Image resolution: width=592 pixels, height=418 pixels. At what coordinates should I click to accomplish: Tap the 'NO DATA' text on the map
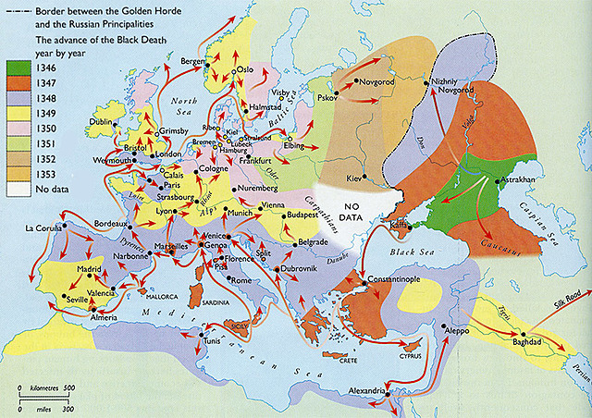350,212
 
